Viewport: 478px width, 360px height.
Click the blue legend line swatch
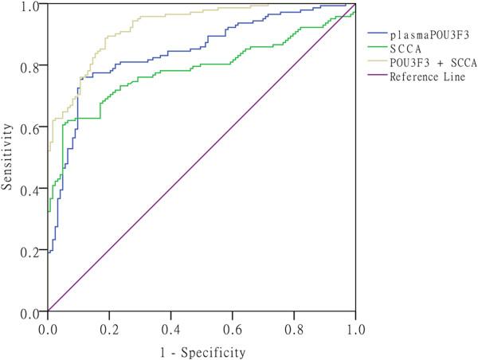(x=378, y=35)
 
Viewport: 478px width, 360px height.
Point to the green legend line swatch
(x=378, y=49)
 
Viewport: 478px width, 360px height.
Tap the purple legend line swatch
(x=378, y=77)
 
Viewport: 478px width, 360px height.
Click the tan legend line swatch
(x=378, y=63)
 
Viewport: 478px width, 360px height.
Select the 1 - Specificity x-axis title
(x=201, y=350)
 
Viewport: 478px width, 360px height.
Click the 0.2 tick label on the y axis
(x=32, y=251)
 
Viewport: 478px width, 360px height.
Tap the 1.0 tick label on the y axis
(x=32, y=6)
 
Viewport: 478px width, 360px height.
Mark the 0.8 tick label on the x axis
(x=294, y=327)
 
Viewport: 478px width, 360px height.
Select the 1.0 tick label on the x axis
(x=355, y=327)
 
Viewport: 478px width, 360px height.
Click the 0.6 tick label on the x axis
(x=233, y=327)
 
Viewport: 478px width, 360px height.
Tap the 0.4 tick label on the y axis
(x=32, y=190)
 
